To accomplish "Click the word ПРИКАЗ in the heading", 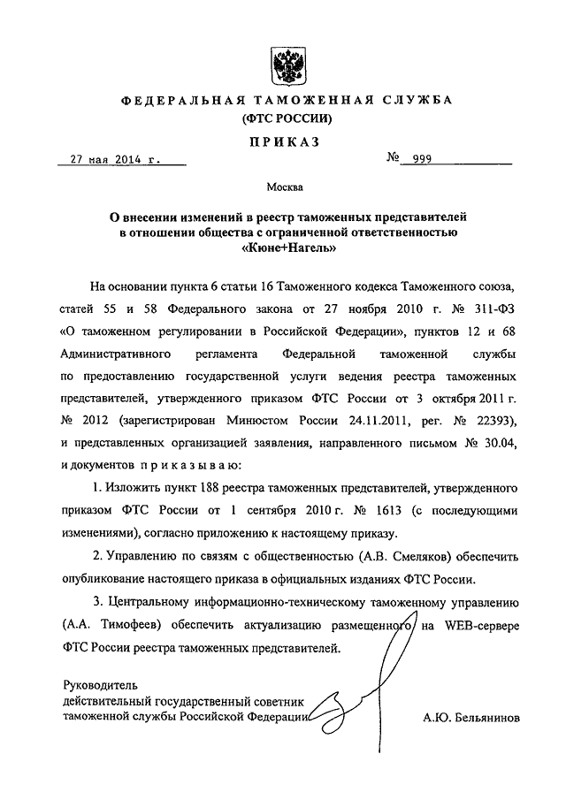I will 282,141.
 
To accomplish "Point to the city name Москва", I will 284,187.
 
